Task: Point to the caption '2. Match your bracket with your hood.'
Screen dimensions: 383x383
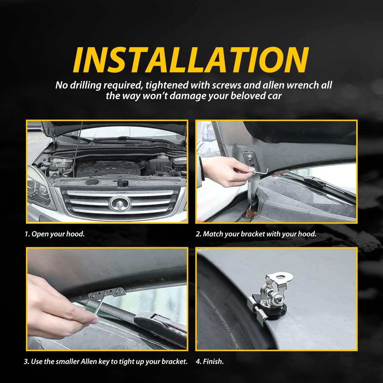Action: [256, 234]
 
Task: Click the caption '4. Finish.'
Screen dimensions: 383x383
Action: [209, 361]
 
